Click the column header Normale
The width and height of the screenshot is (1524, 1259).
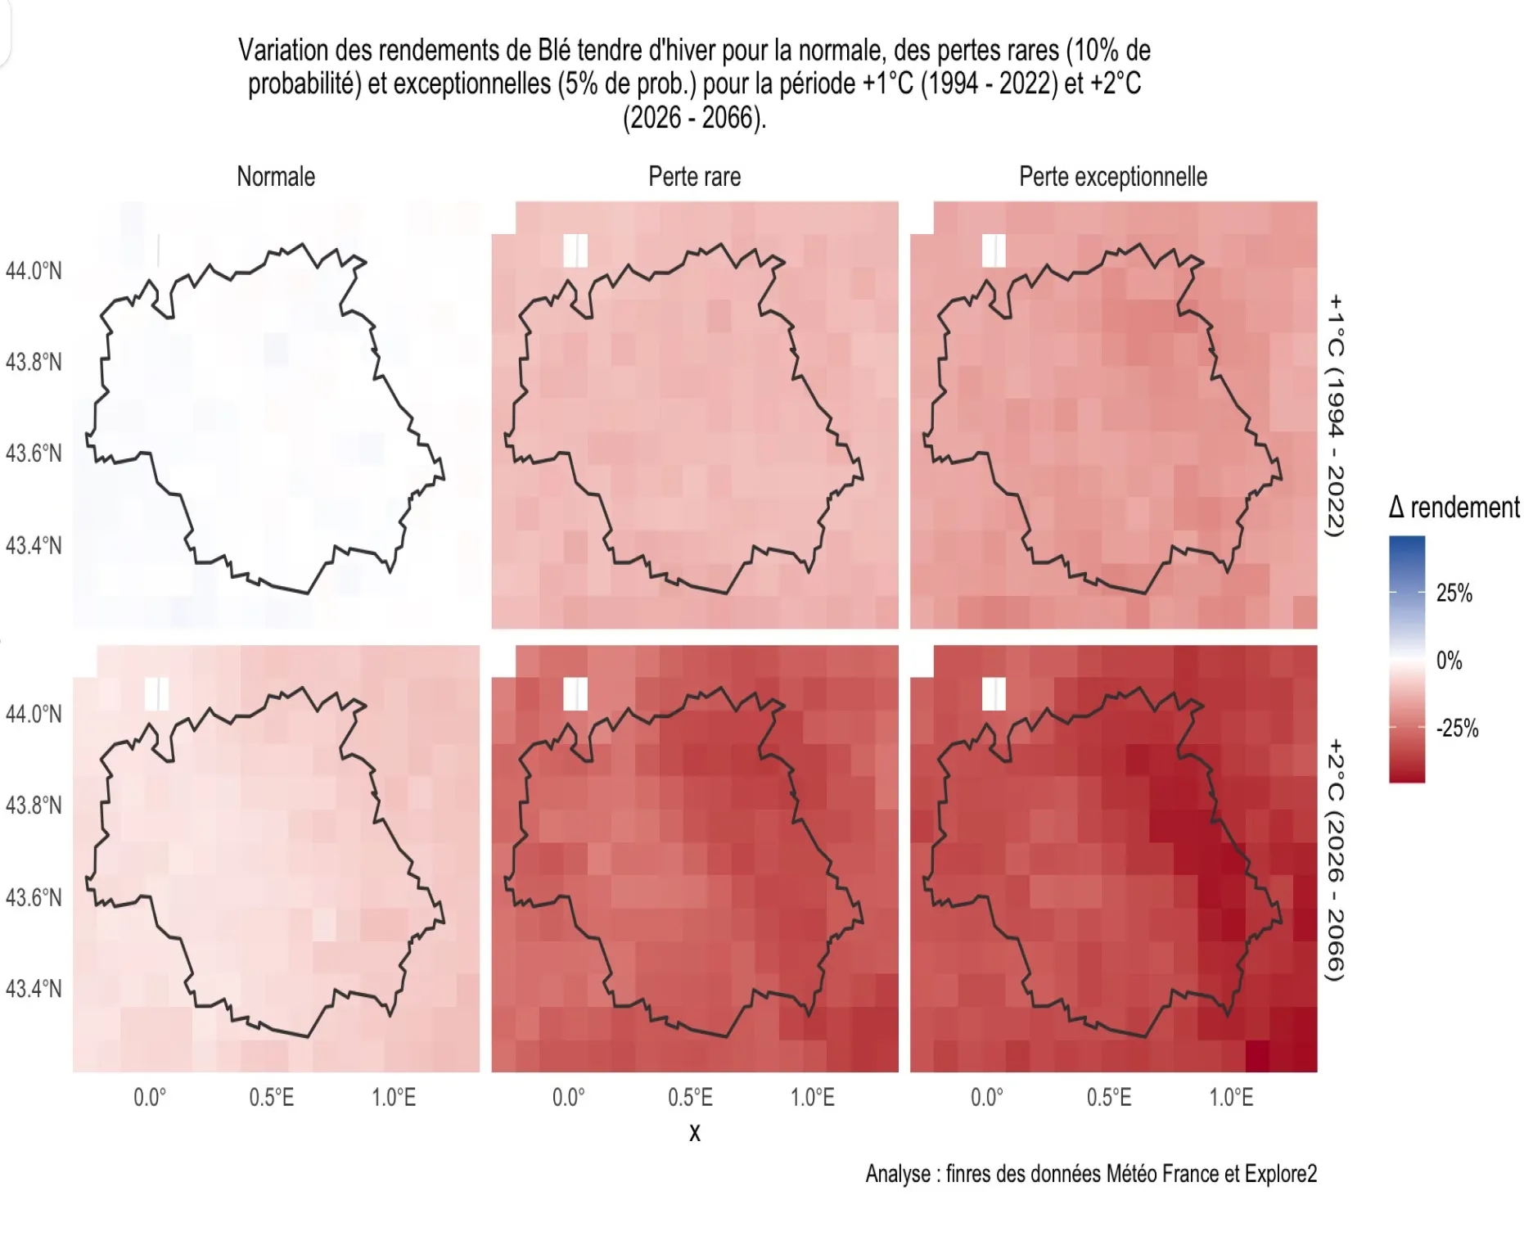(276, 177)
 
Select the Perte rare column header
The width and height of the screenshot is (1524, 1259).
(694, 177)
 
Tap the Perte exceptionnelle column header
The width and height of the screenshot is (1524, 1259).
(1112, 177)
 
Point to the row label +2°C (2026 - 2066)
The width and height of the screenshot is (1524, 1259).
(1335, 859)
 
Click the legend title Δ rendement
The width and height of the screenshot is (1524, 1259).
(1454, 508)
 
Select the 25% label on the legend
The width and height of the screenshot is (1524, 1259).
(1454, 593)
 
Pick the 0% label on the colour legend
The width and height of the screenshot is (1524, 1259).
(1449, 661)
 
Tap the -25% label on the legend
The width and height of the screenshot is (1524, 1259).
(1457, 729)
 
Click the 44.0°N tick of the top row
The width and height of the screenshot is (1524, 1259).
(34, 271)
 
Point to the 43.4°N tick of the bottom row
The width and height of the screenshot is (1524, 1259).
(34, 989)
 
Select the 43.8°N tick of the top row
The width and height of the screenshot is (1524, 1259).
(34, 362)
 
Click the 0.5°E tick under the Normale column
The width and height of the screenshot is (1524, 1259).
(271, 1098)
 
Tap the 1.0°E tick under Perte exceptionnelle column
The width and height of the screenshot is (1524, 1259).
(1231, 1098)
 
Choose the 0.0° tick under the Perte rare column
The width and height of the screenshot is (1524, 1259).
(568, 1098)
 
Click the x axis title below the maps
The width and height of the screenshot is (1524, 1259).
(695, 1133)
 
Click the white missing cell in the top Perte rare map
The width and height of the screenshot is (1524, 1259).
(575, 250)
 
